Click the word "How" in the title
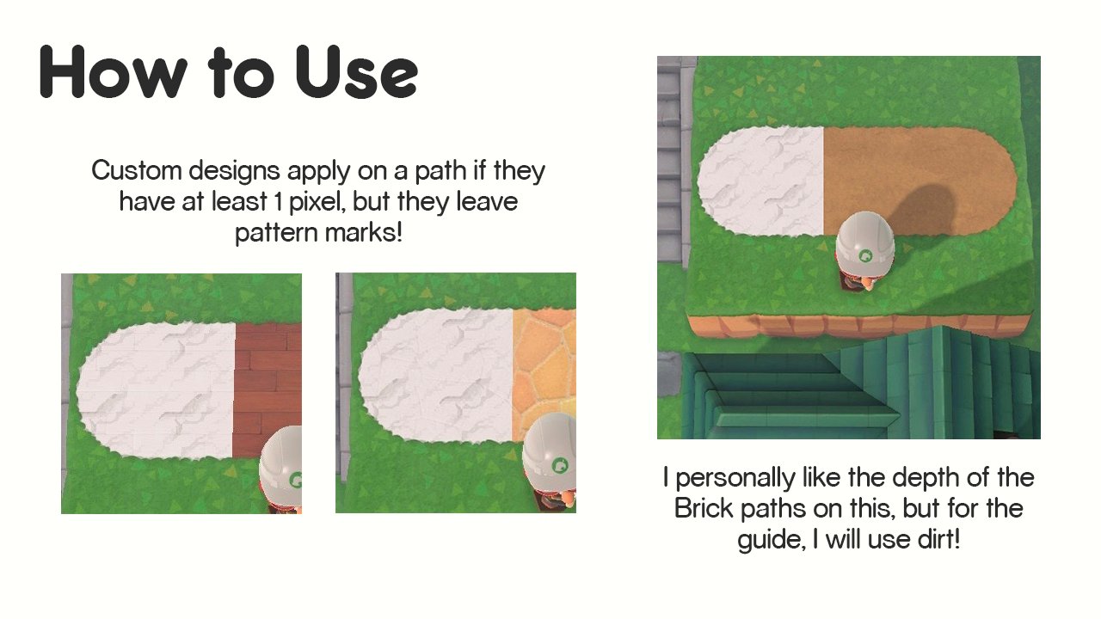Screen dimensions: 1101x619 coord(114,72)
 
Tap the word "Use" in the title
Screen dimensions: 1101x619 coord(357,72)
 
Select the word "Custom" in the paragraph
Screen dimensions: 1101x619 coord(137,170)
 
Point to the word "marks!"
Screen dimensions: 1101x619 coord(364,232)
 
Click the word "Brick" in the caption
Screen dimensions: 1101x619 coord(704,508)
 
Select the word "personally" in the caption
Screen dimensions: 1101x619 coord(735,478)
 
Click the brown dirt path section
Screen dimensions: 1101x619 coord(920,172)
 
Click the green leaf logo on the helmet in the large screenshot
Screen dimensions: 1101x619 coord(865,255)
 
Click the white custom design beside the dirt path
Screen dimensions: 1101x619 coord(761,181)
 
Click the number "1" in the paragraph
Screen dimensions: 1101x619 coord(279,202)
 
